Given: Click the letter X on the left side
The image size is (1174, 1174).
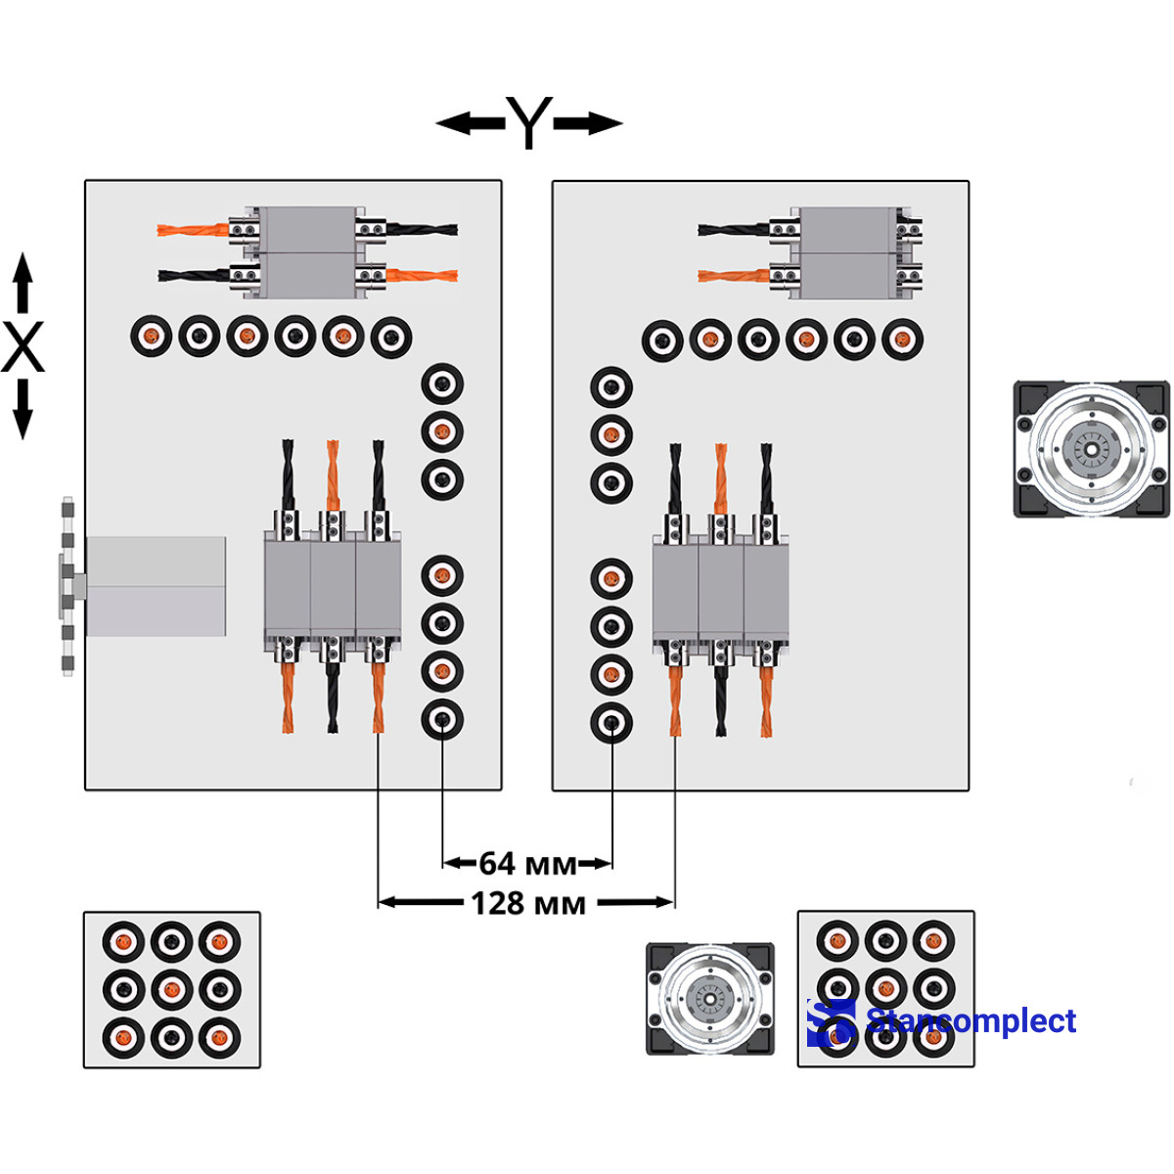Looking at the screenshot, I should (23, 347).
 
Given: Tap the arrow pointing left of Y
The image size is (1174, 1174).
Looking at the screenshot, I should (470, 123).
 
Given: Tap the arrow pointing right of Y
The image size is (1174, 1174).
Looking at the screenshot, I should (589, 123).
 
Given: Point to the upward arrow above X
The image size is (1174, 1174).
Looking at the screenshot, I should (23, 283).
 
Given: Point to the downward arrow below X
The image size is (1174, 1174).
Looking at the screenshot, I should (23, 410).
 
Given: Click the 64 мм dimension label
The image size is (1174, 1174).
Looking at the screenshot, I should (527, 863).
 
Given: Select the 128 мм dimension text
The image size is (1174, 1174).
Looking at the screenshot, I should (527, 903).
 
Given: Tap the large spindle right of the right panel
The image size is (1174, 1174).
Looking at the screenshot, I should (1091, 449).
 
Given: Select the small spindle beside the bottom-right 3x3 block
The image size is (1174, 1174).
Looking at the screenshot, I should (710, 999).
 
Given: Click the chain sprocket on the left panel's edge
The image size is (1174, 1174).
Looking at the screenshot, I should (68, 585).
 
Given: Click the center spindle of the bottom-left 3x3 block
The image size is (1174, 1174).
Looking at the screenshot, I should (172, 989).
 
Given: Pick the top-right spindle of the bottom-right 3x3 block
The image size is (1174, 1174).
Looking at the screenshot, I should (933, 941).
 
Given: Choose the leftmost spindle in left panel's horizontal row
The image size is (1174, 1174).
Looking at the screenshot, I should (152, 337).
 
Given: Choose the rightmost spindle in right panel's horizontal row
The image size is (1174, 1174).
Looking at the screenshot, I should (902, 340).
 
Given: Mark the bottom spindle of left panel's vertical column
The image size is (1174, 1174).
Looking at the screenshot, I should (442, 720).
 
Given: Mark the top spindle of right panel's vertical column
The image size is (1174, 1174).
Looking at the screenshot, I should (611, 387).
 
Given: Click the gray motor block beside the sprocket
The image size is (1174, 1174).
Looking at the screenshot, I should (157, 585).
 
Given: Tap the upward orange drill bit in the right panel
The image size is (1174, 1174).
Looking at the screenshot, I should (721, 476).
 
